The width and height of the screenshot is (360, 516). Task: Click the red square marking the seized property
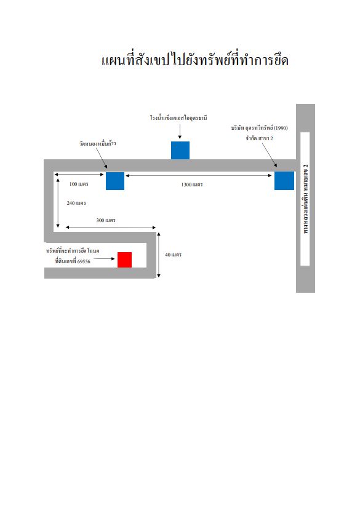tap(124, 260)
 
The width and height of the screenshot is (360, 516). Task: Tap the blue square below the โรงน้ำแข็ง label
tap(180, 151)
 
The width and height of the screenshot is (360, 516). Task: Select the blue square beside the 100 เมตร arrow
tap(115, 181)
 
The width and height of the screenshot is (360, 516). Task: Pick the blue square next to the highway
tap(284, 181)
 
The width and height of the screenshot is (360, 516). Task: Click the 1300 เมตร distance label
tap(192, 185)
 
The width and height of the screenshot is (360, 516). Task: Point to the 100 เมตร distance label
tap(79, 184)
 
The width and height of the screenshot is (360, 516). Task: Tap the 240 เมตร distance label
tap(76, 203)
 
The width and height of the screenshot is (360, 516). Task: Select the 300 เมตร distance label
tap(106, 220)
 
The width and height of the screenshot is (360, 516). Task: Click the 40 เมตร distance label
tap(174, 255)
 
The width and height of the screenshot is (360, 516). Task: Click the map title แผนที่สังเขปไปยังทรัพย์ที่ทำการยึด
tap(194, 60)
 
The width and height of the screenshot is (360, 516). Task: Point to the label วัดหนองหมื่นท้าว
tap(97, 143)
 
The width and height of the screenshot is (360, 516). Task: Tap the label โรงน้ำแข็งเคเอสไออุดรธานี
tap(178, 117)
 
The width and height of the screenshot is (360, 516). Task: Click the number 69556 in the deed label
tap(84, 261)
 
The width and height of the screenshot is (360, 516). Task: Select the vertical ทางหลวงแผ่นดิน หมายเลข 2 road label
tap(306, 199)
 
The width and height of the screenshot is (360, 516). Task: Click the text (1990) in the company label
tap(281, 128)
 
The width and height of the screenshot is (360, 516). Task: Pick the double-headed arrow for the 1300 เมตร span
tap(199, 176)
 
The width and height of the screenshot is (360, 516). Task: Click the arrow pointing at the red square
tap(105, 259)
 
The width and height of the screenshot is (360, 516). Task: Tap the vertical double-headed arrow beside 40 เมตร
tap(159, 255)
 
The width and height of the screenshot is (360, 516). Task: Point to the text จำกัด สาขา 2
tap(259, 138)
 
